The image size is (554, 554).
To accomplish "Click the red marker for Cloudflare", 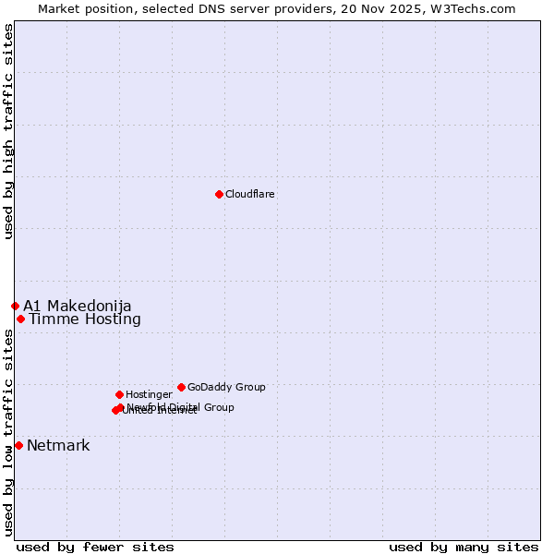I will [x=219, y=194].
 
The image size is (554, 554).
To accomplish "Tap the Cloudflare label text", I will [x=250, y=195].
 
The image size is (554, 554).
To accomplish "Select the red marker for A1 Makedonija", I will [x=15, y=306].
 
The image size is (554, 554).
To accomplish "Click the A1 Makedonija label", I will [x=78, y=307].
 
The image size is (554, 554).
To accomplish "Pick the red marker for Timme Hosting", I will [x=20, y=319].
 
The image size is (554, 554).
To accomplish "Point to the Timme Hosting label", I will [x=85, y=319].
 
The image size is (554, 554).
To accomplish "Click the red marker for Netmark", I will [x=18, y=445].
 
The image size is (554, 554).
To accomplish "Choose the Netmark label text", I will [x=58, y=446].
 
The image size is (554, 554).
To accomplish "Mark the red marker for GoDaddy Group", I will [x=181, y=387].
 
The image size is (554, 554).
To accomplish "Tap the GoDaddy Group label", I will [x=226, y=388].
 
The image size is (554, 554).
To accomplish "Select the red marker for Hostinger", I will [x=119, y=394].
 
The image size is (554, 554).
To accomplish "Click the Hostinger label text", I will [x=149, y=395].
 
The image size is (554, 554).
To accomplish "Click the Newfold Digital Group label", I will [x=181, y=406].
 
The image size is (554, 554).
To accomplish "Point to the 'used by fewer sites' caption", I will [x=95, y=547].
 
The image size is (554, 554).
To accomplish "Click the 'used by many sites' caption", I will [x=464, y=547].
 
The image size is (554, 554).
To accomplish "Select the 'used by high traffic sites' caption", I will [x=8, y=131].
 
